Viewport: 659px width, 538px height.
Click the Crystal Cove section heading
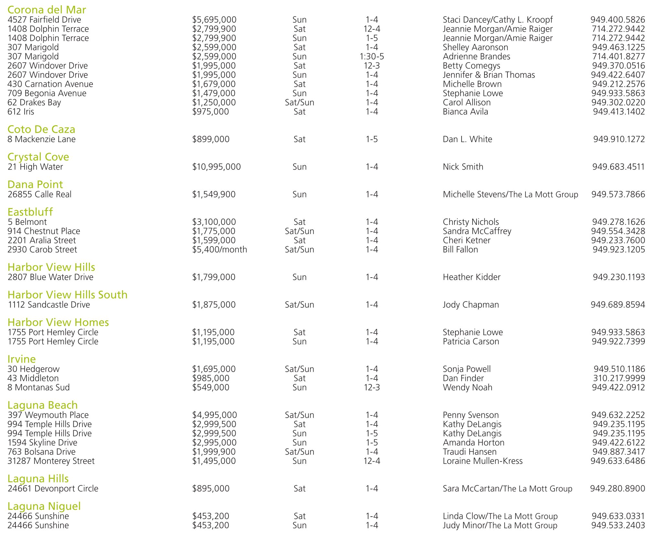pyautogui.click(x=38, y=157)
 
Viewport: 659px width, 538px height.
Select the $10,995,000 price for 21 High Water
pyautogui.click(x=216, y=167)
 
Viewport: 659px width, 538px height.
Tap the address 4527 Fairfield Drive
pyautogui.click(x=44, y=20)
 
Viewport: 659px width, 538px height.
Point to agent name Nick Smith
pyautogui.click(x=463, y=167)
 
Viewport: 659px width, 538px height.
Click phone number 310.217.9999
pyautogui.click(x=619, y=378)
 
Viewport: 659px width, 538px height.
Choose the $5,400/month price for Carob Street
pyautogui.click(x=219, y=250)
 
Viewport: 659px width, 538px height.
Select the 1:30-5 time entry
pyautogui.click(x=372, y=57)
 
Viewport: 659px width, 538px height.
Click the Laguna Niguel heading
pyautogui.click(x=44, y=506)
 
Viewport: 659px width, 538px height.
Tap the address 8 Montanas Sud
pyautogui.click(x=38, y=388)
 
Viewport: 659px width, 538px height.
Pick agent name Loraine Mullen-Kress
pyautogui.click(x=483, y=461)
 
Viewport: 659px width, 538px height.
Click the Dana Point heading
pyautogui.click(x=35, y=184)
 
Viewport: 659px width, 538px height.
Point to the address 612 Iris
pyautogui.click(x=21, y=112)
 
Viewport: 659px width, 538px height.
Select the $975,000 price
pyautogui.click(x=210, y=112)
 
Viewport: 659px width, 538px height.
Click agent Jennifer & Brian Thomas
pyautogui.click(x=489, y=75)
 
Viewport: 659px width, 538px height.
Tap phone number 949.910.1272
pyautogui.click(x=619, y=139)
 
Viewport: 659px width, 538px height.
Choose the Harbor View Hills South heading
pyautogui.click(x=68, y=295)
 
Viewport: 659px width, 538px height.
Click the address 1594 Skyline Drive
pyautogui.click(x=42, y=443)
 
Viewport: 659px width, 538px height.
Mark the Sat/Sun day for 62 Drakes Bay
pyautogui.click(x=299, y=103)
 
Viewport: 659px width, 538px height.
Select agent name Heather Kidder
pyautogui.click(x=471, y=277)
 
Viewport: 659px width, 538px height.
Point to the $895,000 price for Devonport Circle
pyautogui.click(x=211, y=489)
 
